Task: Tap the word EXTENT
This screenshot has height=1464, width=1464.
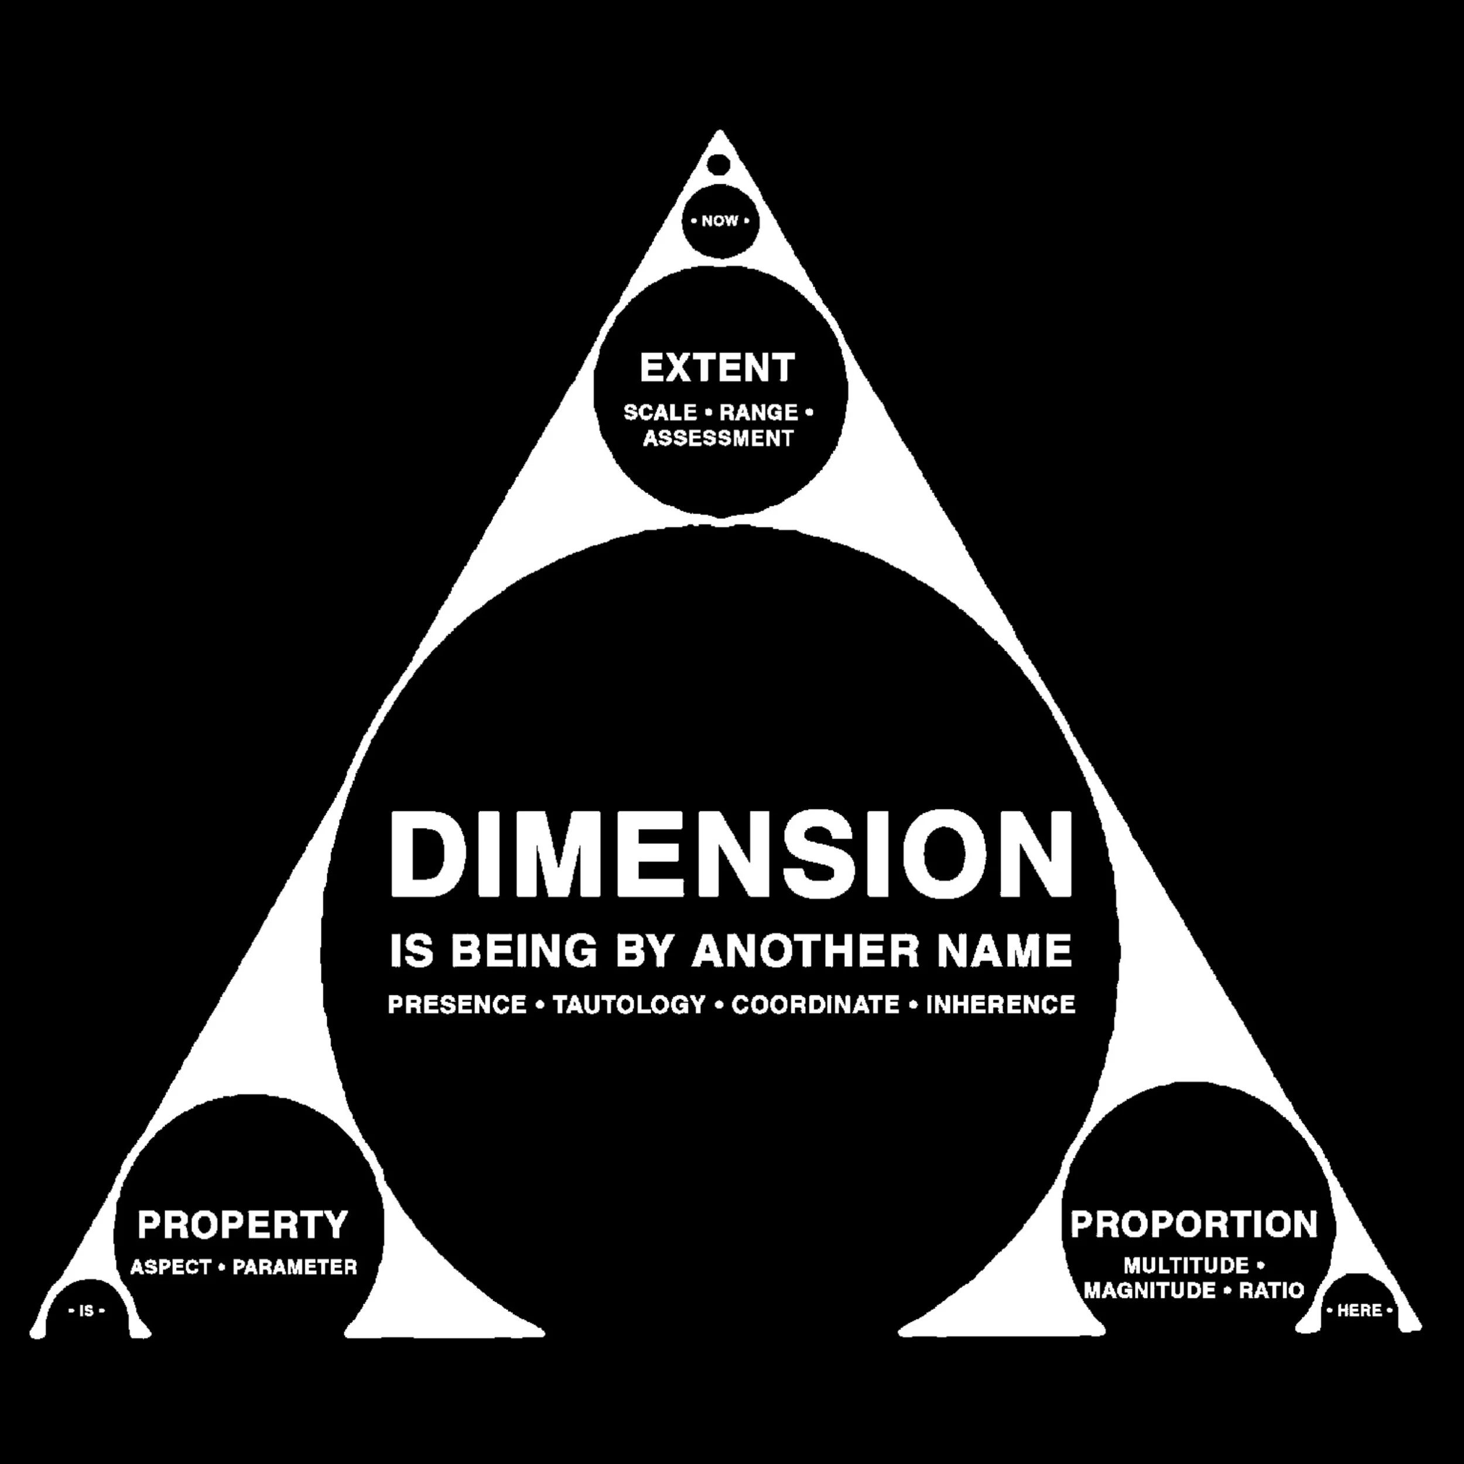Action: pyautogui.click(x=717, y=368)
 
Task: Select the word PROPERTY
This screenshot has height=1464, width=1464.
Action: pyautogui.click(x=242, y=1225)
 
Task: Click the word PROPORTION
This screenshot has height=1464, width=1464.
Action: pyautogui.click(x=1194, y=1224)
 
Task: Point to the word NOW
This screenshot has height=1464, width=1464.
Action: pyautogui.click(x=719, y=221)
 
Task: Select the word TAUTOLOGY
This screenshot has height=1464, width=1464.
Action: pyautogui.click(x=629, y=1005)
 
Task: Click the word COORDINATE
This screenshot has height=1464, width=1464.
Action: pyautogui.click(x=815, y=1005)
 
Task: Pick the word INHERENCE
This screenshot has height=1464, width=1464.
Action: pyautogui.click(x=1000, y=1005)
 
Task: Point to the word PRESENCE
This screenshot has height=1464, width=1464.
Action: pyautogui.click(x=457, y=1005)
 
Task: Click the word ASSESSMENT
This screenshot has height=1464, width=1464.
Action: pyautogui.click(x=717, y=439)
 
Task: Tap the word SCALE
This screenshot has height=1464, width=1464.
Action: pyautogui.click(x=659, y=413)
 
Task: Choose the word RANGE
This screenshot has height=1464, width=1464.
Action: pyautogui.click(x=758, y=413)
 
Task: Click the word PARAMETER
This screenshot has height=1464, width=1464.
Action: pyautogui.click(x=295, y=1267)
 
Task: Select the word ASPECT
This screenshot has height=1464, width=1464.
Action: pyautogui.click(x=170, y=1267)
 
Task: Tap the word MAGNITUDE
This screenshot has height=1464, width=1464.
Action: pyautogui.click(x=1150, y=1291)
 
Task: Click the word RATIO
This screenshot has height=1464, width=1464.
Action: pyautogui.click(x=1271, y=1291)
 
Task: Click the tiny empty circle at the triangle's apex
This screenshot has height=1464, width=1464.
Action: pyautogui.click(x=719, y=165)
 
